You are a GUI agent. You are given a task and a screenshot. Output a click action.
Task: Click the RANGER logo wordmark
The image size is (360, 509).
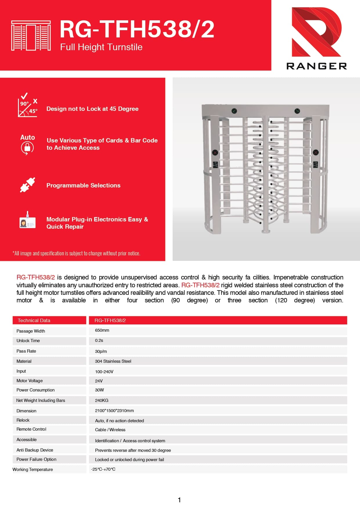(316, 66)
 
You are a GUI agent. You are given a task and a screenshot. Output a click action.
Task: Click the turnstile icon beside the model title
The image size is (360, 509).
(31, 36)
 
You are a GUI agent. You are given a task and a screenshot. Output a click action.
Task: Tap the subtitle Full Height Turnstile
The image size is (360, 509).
(101, 47)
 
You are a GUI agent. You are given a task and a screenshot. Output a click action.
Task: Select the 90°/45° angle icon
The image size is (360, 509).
(28, 105)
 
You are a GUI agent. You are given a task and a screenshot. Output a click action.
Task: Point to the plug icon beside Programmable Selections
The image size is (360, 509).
(28, 185)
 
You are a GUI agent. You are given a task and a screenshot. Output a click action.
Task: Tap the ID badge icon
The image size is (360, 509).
(27, 221)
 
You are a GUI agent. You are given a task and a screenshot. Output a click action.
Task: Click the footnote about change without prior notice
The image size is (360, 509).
(76, 253)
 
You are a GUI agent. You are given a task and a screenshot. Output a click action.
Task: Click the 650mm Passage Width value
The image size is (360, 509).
(102, 330)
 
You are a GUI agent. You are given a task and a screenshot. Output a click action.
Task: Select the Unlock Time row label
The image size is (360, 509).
(28, 341)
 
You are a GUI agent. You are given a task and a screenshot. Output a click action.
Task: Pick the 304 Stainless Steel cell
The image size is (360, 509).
(113, 361)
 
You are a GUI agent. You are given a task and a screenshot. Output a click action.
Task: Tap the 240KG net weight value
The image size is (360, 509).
(102, 400)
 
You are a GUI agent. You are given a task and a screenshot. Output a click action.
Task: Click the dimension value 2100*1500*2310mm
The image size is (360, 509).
(114, 411)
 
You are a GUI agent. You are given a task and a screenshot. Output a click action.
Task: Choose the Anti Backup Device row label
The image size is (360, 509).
(35, 450)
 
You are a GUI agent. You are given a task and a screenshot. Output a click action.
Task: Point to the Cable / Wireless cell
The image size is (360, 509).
(110, 430)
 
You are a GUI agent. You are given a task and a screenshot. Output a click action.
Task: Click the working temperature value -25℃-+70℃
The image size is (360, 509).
(103, 469)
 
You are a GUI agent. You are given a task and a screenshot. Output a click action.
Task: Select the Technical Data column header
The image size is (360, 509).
(34, 320)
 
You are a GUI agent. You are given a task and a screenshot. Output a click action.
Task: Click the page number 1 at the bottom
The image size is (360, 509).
(179, 500)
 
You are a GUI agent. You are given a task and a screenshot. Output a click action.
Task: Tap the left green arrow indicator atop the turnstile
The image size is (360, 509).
(234, 111)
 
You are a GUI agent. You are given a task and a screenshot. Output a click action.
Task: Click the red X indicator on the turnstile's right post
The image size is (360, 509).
(316, 152)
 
